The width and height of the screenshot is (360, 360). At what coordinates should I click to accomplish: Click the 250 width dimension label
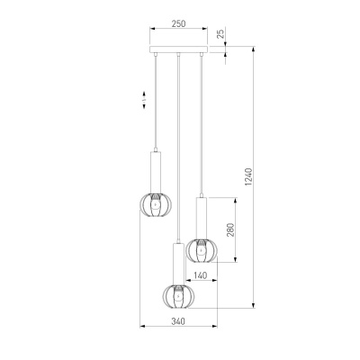click(178, 23)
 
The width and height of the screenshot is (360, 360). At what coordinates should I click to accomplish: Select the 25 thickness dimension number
click(220, 33)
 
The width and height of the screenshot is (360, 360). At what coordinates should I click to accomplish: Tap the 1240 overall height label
click(249, 176)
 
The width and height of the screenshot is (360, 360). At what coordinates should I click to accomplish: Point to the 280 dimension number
click(230, 229)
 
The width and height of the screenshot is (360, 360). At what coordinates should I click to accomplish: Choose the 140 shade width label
click(200, 275)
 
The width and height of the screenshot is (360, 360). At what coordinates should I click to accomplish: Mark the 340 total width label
click(178, 321)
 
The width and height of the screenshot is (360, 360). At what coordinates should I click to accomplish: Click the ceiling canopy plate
click(178, 49)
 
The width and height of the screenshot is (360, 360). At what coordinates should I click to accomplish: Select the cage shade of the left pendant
click(156, 205)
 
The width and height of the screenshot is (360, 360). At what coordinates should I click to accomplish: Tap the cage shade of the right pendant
click(202, 250)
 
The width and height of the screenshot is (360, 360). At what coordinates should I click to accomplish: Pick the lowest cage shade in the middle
click(178, 297)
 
